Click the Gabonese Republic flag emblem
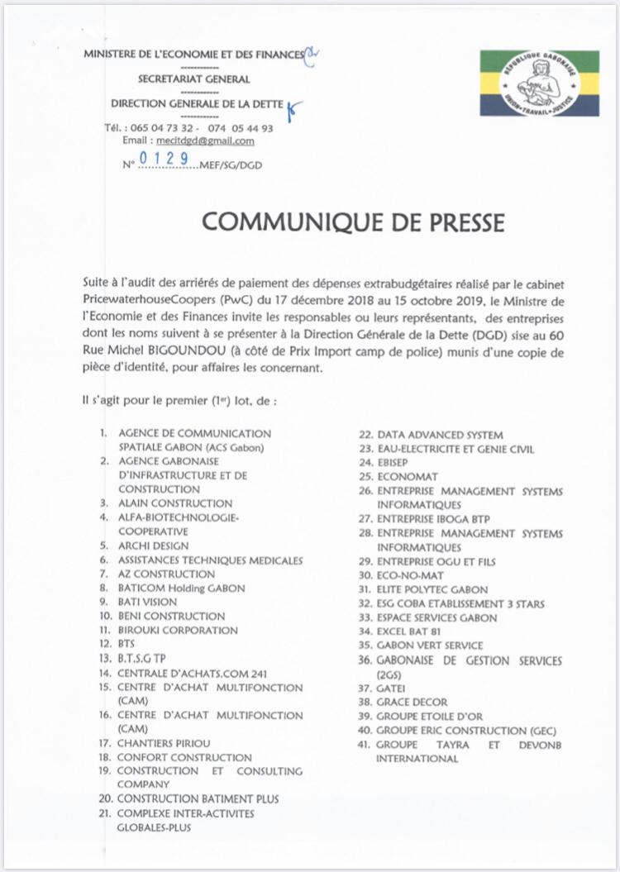tap(540, 83)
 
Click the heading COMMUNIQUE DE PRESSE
tap(353, 222)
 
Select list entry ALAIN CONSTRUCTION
tap(176, 503)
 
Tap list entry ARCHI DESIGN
tap(154, 546)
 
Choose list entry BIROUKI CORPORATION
tap(179, 630)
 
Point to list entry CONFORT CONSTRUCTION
tap(184, 757)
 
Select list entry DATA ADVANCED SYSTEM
tap(440, 435)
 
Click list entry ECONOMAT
tap(408, 477)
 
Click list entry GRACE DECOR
tap(412, 702)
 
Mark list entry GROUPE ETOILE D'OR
tap(430, 716)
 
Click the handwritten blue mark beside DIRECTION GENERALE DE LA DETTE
tap(296, 107)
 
